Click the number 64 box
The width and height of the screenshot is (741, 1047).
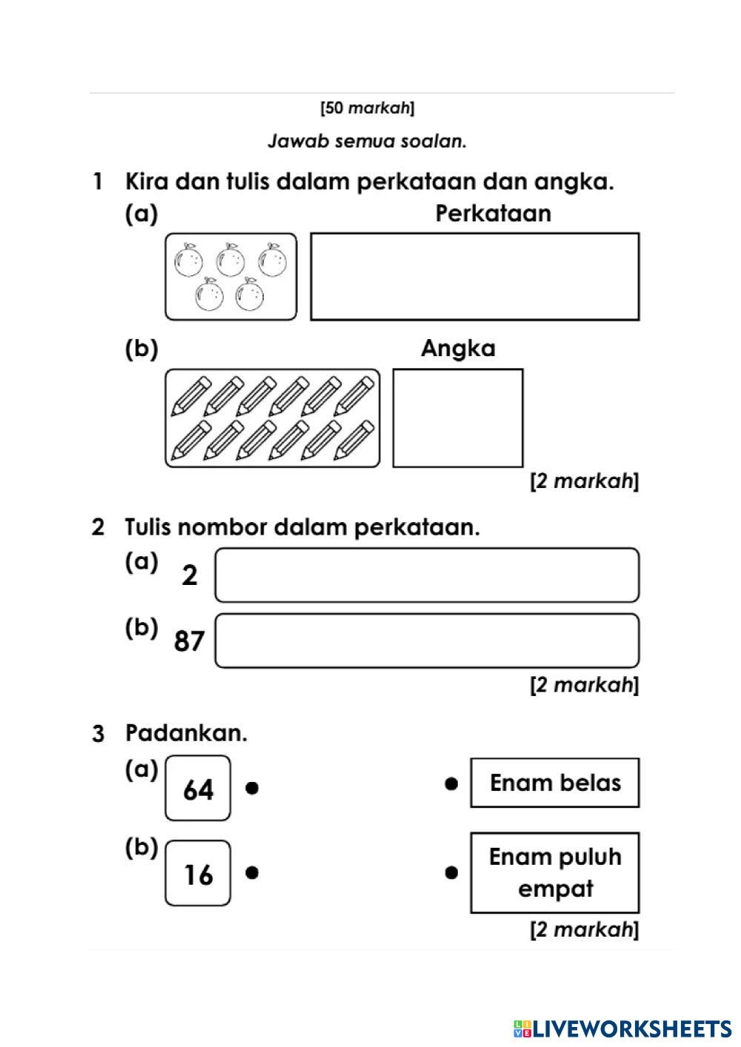click(x=198, y=788)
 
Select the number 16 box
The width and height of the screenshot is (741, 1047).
click(x=198, y=873)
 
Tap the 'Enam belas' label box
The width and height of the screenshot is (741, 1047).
click(x=555, y=783)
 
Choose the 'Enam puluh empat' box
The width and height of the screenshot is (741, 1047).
click(x=555, y=872)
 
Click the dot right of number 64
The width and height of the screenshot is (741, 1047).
click(x=252, y=788)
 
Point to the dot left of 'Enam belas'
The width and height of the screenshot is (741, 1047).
click(x=451, y=783)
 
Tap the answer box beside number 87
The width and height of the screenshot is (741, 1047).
click(x=427, y=640)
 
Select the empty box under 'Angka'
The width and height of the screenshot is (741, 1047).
click(x=457, y=418)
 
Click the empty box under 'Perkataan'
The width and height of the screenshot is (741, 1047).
click(x=474, y=276)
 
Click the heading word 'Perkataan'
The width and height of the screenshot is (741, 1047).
click(x=493, y=213)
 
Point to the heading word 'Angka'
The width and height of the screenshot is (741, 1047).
click(x=458, y=348)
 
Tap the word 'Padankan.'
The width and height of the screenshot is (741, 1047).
click(x=186, y=733)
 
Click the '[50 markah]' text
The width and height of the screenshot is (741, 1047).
click(x=368, y=108)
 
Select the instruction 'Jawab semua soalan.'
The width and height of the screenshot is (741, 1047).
click(x=368, y=141)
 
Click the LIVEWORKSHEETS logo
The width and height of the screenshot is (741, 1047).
click(x=622, y=1028)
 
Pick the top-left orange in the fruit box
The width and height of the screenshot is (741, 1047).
click(x=188, y=260)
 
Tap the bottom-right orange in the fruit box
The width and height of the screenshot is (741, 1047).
click(x=250, y=295)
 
